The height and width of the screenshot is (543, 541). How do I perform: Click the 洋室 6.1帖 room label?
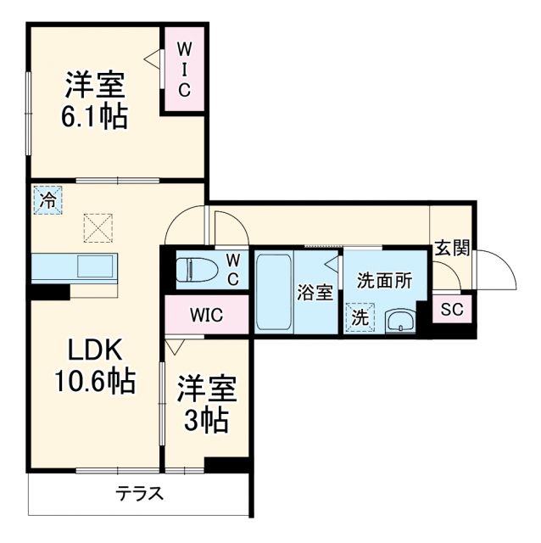(95, 99)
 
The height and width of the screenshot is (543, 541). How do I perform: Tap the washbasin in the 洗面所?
(399, 321)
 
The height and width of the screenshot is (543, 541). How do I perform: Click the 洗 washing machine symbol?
(360, 318)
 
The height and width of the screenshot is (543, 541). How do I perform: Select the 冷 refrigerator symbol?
(48, 201)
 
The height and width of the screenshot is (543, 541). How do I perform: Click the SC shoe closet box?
(452, 309)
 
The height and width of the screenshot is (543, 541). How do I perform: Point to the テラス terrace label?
(140, 493)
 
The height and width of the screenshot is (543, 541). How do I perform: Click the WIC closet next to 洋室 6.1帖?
(184, 68)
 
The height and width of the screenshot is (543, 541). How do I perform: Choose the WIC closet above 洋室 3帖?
(206, 315)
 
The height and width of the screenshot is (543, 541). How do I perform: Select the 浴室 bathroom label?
(314, 293)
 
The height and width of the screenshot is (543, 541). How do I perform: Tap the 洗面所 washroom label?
(384, 282)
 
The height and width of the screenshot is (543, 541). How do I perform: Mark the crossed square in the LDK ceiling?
(97, 226)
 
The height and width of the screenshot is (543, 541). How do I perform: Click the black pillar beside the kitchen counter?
(50, 292)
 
